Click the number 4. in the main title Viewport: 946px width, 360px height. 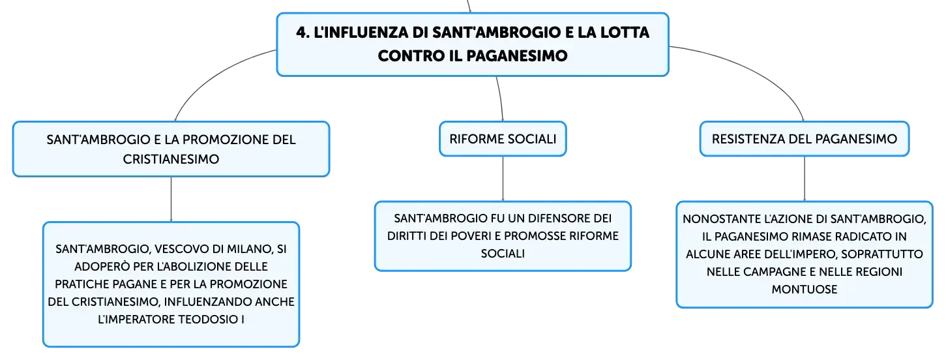tap(303, 33)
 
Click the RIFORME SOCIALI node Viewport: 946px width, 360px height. tap(503, 139)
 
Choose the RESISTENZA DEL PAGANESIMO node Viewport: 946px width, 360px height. tap(804, 139)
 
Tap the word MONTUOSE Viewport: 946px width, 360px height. tap(804, 290)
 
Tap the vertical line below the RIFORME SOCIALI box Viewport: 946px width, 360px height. tap(503, 179)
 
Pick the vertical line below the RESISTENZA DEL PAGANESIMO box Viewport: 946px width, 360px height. tap(804, 179)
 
